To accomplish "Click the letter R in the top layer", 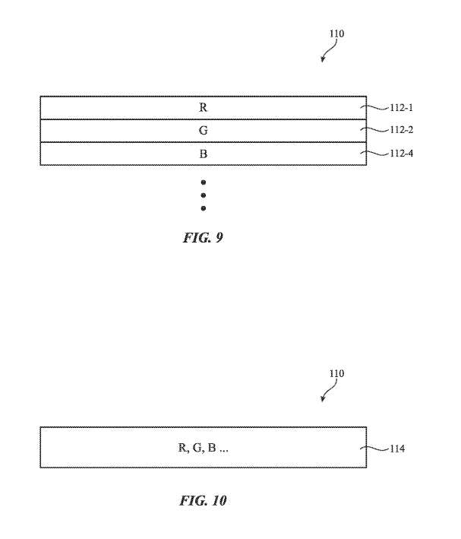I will point(203,107).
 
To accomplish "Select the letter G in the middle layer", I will point(203,130).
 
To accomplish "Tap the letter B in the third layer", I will point(203,154).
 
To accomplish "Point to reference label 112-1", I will point(402,107).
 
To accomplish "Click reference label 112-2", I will point(402,130).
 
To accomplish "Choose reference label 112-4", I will point(402,154).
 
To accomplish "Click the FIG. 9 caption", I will point(202,238).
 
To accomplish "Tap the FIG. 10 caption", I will point(203,500).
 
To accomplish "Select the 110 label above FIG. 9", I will point(336,34).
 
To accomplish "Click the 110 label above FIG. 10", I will point(336,373).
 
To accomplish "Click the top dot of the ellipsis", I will point(203,182).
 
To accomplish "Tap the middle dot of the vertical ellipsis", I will point(203,195).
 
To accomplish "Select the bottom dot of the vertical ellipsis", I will point(203,208).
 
